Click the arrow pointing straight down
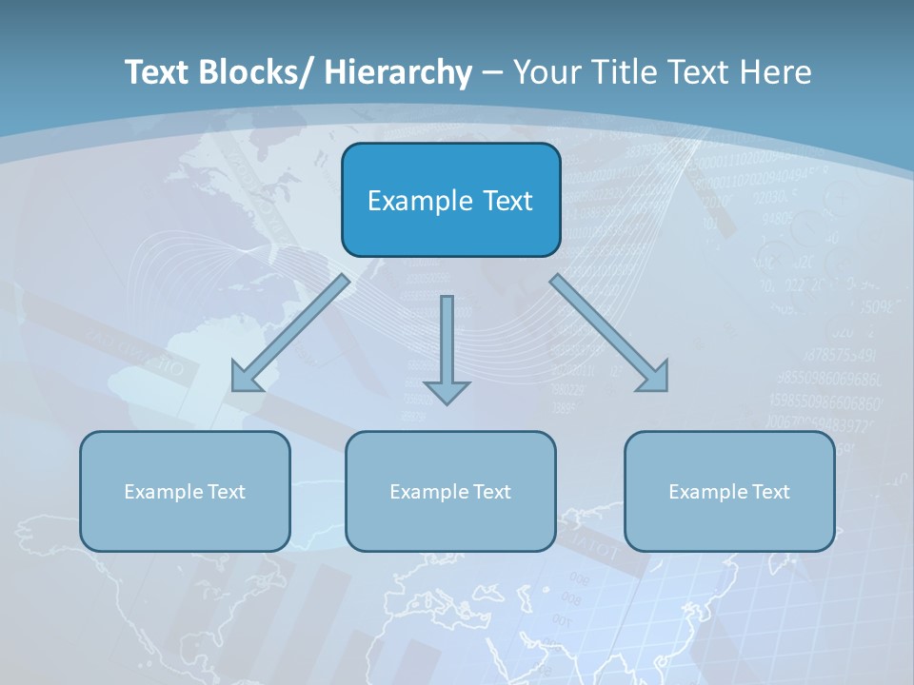(447, 342)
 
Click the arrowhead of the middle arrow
(447, 391)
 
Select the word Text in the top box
(507, 201)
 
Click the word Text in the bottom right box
(770, 492)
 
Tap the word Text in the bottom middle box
(491, 492)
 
